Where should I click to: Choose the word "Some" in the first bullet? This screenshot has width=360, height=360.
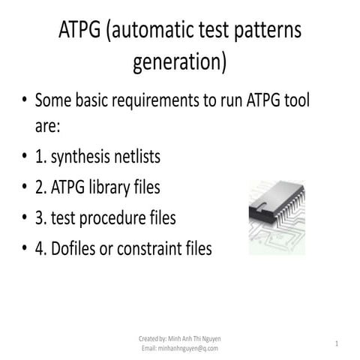click(x=53, y=100)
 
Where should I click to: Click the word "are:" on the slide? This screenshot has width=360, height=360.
click(x=52, y=127)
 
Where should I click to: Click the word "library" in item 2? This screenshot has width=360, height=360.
click(x=115, y=187)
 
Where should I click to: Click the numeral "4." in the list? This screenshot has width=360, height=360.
click(x=42, y=247)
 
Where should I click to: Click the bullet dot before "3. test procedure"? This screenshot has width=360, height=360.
click(x=25, y=218)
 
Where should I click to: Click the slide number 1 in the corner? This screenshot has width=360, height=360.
click(x=337, y=343)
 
